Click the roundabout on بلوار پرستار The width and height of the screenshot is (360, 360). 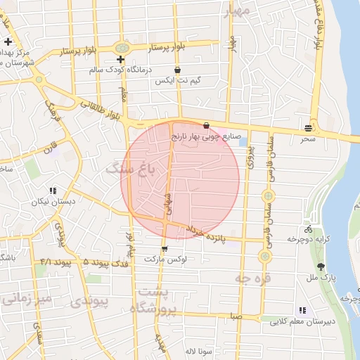(122, 48)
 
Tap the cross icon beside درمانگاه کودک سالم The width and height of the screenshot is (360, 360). (120, 59)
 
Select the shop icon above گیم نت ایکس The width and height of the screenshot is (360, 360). (177, 70)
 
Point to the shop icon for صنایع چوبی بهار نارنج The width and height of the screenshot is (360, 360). (205, 125)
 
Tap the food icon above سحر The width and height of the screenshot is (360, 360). (308, 127)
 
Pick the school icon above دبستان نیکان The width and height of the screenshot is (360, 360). (53, 191)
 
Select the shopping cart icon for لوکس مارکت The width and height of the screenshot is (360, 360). (164, 248)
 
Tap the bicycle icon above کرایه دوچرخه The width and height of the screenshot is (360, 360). (308, 229)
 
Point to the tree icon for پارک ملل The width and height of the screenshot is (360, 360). (321, 266)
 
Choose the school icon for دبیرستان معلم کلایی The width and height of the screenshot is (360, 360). (302, 310)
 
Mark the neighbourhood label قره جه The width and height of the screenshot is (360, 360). (251, 279)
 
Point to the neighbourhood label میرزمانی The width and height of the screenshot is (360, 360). (26, 299)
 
